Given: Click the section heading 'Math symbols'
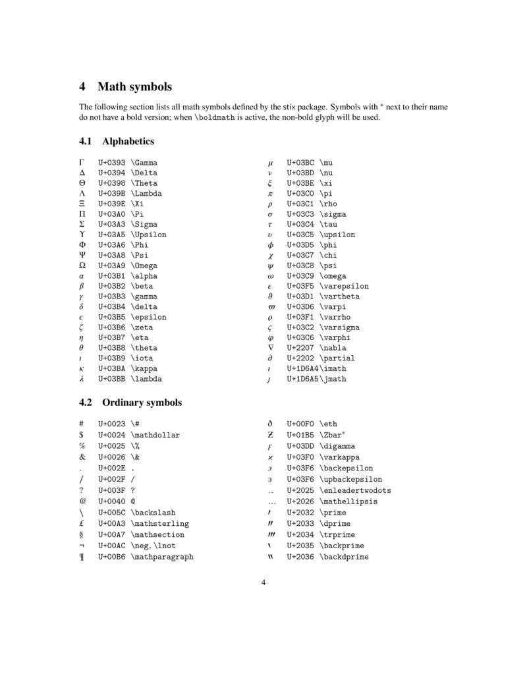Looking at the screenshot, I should pos(134,86).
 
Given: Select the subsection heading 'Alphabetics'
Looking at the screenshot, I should pos(128,141).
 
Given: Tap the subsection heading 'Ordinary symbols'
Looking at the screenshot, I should pos(142,403).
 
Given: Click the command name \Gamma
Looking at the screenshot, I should pos(144,162).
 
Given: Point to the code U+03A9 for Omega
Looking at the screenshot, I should pos(111,266).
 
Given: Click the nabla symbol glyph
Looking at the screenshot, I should pos(270,348).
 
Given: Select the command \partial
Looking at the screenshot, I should pos(337,358).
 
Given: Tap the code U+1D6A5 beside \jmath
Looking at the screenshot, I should pos(302,380).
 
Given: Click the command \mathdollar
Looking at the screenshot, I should pos(155,436).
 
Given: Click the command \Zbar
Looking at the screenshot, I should pos(332,436).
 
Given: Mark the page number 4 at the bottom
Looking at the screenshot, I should pos(263,583).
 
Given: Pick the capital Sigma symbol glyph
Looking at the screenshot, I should pos(82,224).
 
